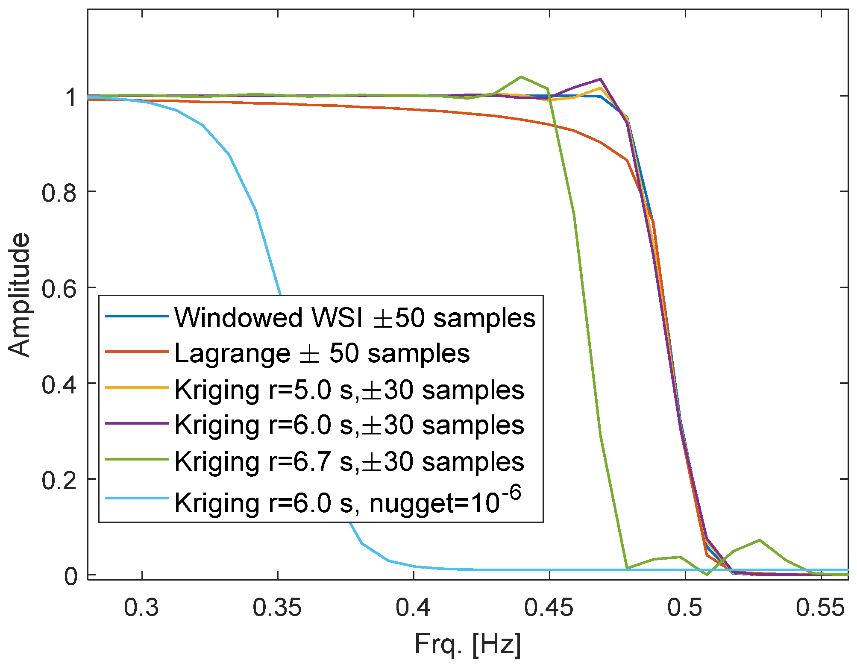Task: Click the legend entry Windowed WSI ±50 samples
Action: [355, 318]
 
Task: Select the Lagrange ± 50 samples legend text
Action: [322, 354]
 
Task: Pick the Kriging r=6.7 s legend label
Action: [349, 461]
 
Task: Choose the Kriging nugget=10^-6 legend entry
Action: [348, 502]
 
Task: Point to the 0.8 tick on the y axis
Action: [59, 192]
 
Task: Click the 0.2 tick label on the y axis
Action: [59, 480]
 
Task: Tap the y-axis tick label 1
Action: [70, 97]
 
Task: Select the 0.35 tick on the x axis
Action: [277, 607]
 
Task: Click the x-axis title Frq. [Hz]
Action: [468, 645]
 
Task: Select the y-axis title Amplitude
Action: [20, 295]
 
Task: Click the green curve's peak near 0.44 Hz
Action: [521, 77]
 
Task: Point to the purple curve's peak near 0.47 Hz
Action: [600, 79]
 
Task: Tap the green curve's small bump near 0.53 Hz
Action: [759, 540]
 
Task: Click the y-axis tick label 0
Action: [70, 576]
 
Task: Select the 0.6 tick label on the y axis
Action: [59, 288]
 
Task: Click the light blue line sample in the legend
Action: [137, 498]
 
